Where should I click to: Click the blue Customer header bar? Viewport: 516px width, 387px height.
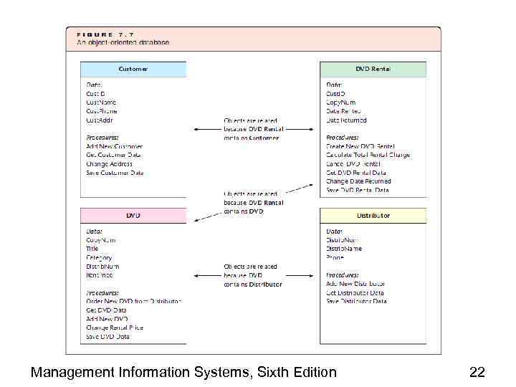[133, 70]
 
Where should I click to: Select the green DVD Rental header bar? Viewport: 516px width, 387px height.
[373, 70]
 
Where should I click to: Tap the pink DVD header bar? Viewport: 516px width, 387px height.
[133, 215]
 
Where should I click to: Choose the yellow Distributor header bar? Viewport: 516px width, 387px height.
[373, 215]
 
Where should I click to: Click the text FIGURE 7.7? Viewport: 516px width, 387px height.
[105, 34]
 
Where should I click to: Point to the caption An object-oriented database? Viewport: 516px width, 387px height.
[123, 42]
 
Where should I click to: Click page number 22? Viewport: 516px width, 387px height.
[477, 372]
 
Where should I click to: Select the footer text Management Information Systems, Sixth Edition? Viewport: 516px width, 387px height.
[183, 372]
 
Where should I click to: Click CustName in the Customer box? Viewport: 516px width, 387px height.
[101, 102]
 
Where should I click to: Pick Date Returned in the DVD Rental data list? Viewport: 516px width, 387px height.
[346, 120]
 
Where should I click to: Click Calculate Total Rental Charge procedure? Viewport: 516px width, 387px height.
[368, 155]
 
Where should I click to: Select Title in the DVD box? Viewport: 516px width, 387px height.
[92, 249]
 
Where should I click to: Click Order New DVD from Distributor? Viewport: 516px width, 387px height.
[133, 301]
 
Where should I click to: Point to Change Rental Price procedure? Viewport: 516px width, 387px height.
[115, 328]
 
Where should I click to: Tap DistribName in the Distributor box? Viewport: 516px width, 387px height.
[344, 249]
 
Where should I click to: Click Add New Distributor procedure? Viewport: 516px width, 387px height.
[355, 284]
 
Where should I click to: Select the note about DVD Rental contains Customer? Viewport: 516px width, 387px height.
[253, 129]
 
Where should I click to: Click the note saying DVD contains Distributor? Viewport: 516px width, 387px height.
[252, 275]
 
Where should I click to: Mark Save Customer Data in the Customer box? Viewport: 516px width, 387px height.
[115, 173]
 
